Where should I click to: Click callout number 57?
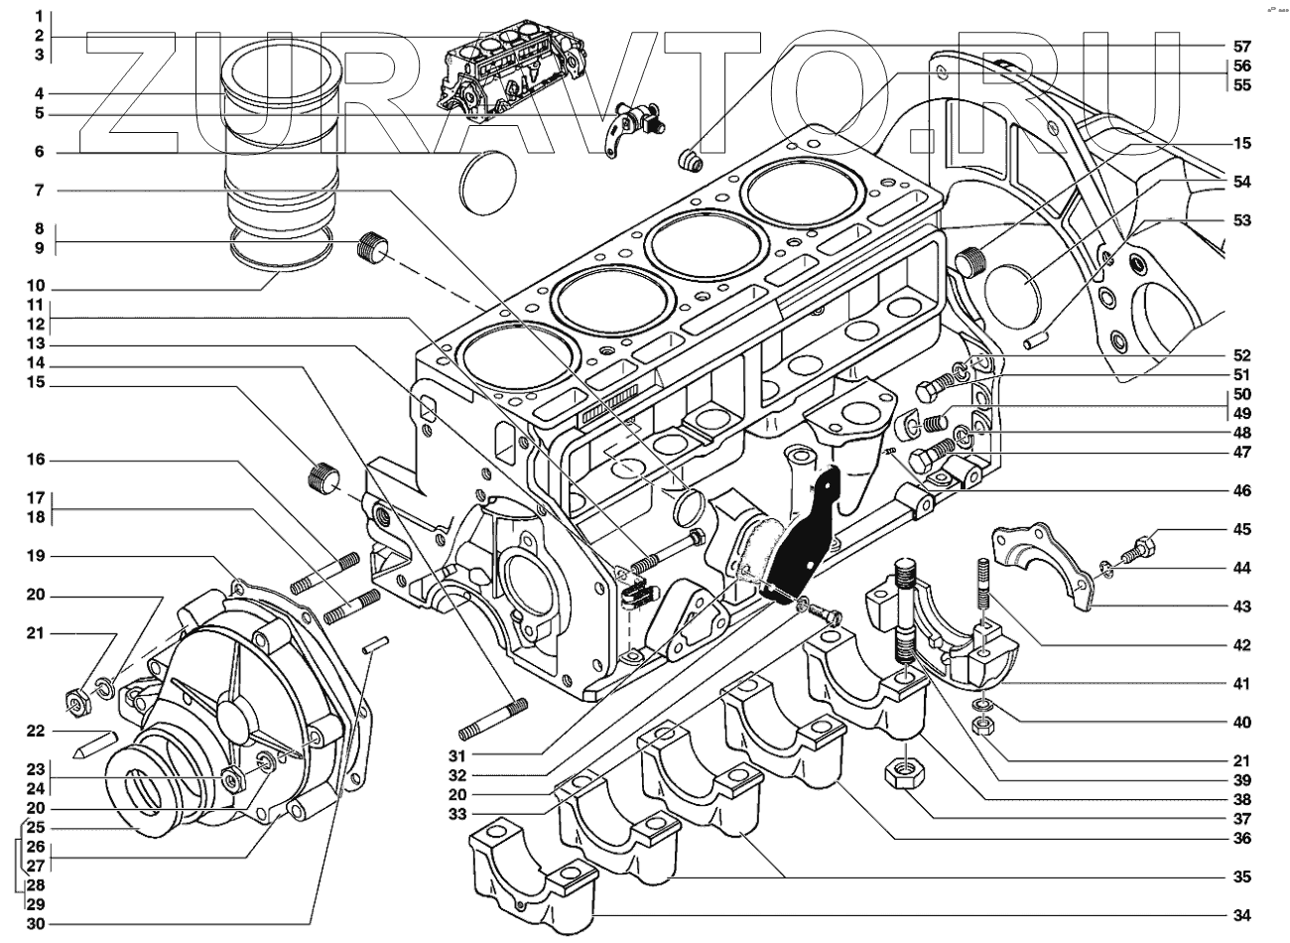click(x=1241, y=47)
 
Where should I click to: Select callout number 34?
click(x=1241, y=914)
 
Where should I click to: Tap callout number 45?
click(x=1241, y=529)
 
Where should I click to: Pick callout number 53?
click(x=1241, y=219)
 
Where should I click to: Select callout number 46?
click(x=1241, y=490)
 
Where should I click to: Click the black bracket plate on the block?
click(x=805, y=536)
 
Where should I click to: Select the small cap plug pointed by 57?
click(x=688, y=160)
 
